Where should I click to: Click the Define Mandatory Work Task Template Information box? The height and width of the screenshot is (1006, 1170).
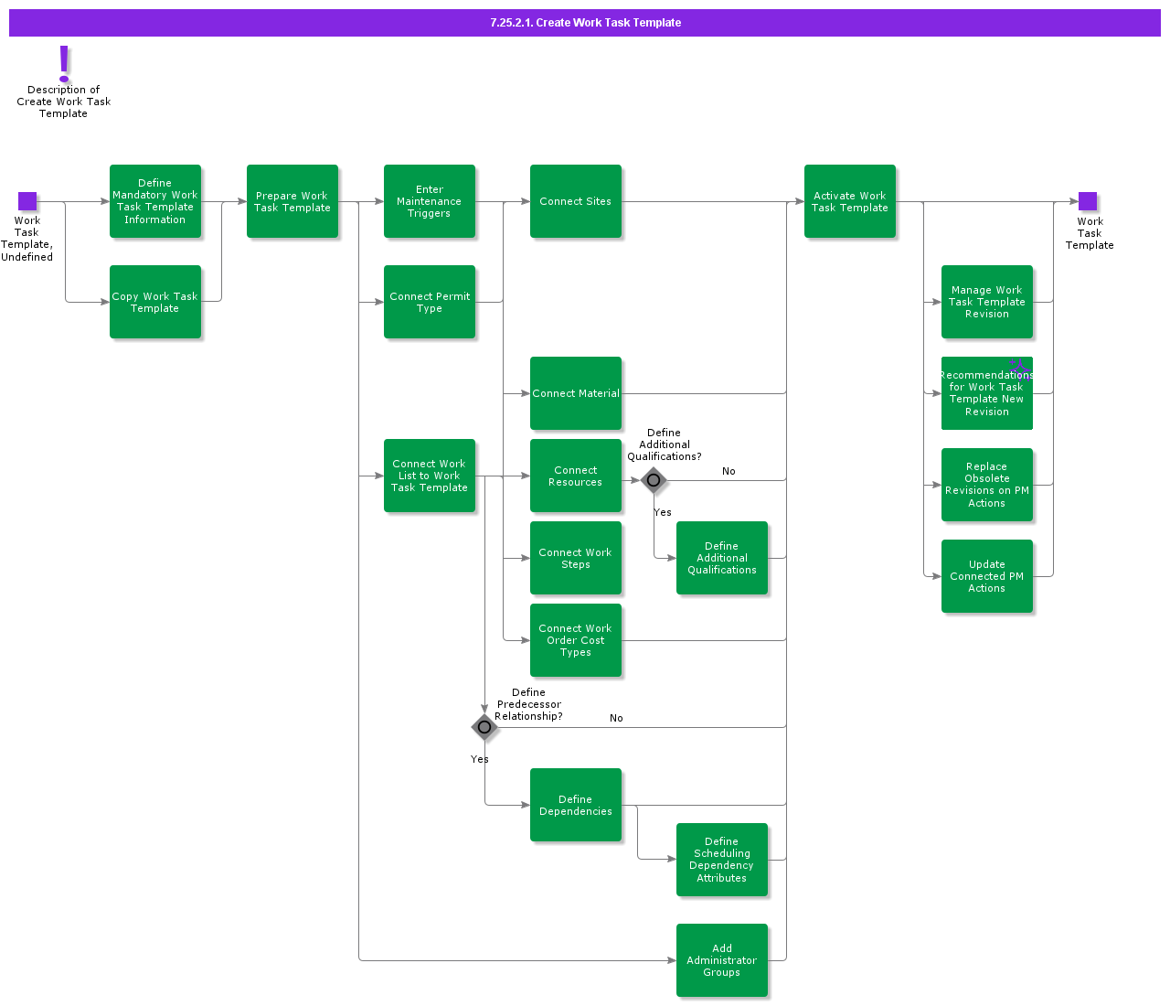pyautogui.click(x=155, y=201)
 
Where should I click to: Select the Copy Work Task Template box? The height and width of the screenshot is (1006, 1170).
pyautogui.click(x=155, y=302)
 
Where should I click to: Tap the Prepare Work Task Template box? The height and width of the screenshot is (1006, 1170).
pyautogui.click(x=292, y=201)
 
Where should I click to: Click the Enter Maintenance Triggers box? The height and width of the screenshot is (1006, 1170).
pyautogui.click(x=430, y=201)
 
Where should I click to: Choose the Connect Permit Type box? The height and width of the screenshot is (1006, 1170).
pyautogui.click(x=430, y=302)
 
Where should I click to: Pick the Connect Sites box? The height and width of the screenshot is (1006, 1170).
pyautogui.click(x=576, y=201)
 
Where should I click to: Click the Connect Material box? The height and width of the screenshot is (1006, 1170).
pyautogui.click(x=576, y=393)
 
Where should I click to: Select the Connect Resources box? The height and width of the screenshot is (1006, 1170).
pyautogui.click(x=576, y=476)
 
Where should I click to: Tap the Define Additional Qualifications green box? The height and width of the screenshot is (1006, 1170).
pyautogui.click(x=722, y=558)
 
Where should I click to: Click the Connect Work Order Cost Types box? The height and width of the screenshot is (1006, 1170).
pyautogui.click(x=576, y=640)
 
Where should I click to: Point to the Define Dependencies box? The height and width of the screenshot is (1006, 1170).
pyautogui.click(x=576, y=805)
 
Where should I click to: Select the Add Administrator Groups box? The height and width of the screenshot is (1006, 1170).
pyautogui.click(x=722, y=960)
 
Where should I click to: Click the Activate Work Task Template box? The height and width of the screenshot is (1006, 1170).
pyautogui.click(x=850, y=201)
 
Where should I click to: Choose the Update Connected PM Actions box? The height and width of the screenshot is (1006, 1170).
pyautogui.click(x=987, y=576)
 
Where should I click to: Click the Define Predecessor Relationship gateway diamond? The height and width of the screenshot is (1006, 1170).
pyautogui.click(x=484, y=727)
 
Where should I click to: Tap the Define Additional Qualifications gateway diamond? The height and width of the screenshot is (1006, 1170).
pyautogui.click(x=654, y=480)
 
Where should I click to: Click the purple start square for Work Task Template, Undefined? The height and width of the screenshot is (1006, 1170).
pyautogui.click(x=27, y=201)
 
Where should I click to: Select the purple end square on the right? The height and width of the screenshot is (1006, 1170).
pyautogui.click(x=1088, y=201)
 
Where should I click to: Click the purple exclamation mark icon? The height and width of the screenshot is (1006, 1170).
pyautogui.click(x=64, y=63)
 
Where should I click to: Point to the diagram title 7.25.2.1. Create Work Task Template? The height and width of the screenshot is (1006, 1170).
pyautogui.click(x=585, y=23)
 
